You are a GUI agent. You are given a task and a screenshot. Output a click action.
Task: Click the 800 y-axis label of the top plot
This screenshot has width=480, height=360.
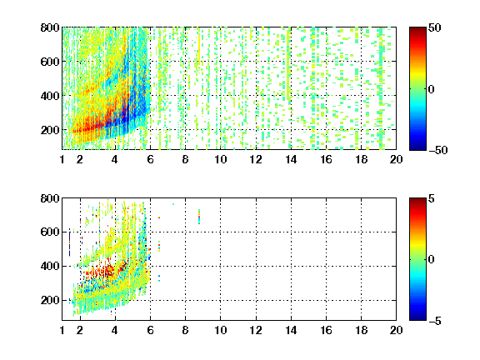(50, 27)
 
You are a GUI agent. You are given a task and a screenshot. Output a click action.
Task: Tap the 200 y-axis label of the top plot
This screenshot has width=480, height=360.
(50, 130)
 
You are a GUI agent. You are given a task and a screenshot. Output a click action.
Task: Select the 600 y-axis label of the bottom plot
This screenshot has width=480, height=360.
(50, 232)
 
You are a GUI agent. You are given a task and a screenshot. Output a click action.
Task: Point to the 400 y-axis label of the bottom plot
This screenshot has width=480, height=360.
(50, 266)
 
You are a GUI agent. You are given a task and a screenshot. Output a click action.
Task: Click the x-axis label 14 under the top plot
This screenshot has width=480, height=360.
(291, 159)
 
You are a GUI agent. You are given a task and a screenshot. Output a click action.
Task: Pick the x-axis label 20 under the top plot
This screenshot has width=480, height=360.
(396, 159)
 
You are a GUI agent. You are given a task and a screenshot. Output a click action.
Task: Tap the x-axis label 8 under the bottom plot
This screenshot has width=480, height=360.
(185, 330)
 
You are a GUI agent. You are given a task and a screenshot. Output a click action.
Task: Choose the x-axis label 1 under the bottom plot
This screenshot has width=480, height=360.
(62, 330)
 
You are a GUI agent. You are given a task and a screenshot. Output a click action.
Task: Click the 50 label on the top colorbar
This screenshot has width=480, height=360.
(435, 27)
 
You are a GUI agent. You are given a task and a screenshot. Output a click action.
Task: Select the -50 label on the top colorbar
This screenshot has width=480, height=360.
(438, 150)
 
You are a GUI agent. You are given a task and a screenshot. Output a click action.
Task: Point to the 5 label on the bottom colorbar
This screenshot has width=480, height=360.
(432, 198)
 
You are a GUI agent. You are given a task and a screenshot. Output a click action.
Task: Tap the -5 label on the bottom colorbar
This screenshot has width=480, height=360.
(435, 321)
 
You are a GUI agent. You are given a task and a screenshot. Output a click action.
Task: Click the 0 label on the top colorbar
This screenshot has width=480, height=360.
(432, 89)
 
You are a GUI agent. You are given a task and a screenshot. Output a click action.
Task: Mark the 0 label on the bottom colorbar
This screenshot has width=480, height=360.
(432, 260)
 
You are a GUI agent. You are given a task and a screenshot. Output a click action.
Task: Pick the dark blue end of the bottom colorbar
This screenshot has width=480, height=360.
(417, 318)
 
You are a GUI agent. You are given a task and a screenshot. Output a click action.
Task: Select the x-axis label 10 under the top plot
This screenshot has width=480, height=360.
(220, 159)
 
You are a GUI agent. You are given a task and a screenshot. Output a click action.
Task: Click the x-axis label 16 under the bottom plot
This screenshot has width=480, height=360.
(326, 330)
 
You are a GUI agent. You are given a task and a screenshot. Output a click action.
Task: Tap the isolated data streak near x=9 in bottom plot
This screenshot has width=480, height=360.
(199, 217)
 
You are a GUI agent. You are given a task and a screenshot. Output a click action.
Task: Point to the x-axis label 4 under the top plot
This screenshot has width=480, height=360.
(114, 159)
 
